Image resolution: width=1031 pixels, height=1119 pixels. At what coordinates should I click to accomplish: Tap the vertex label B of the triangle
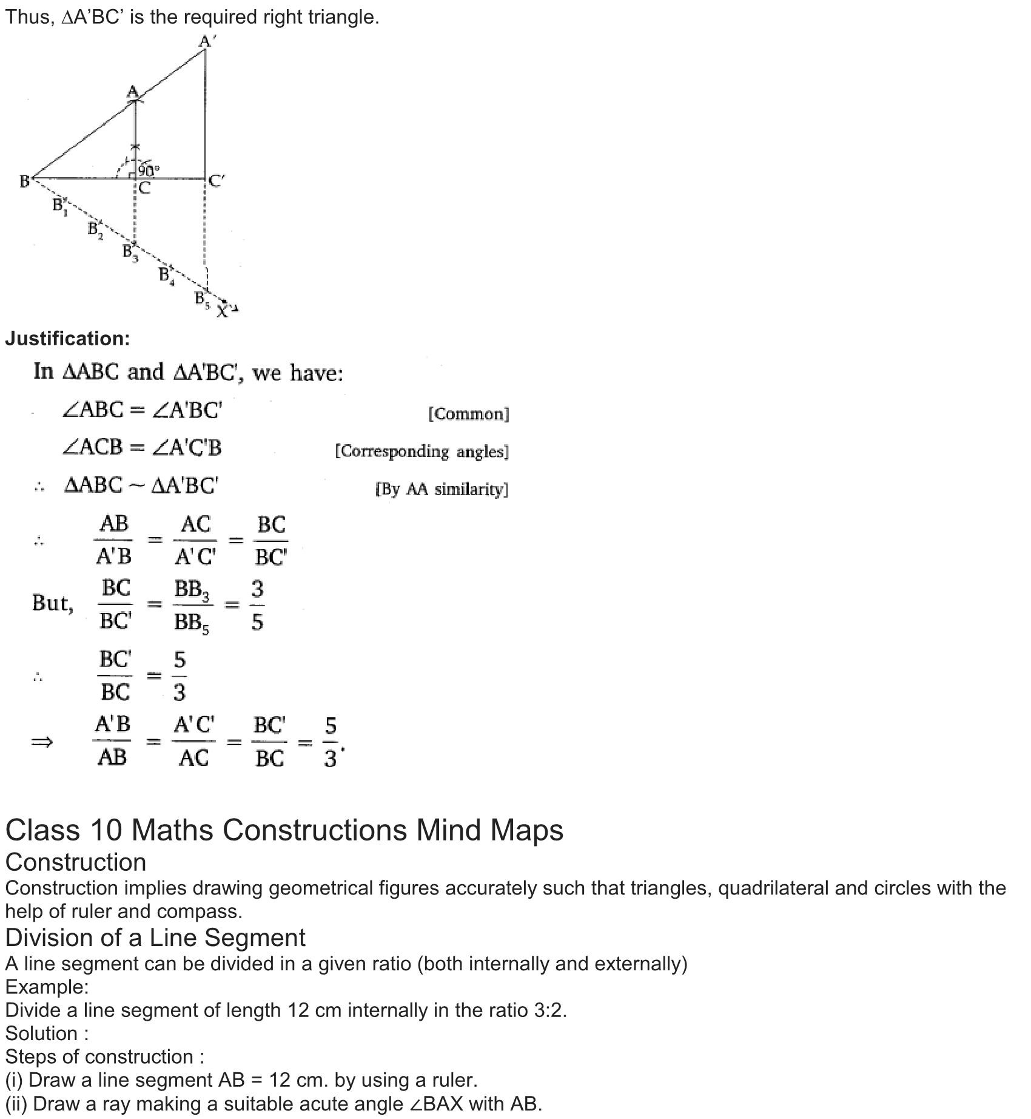coord(24,181)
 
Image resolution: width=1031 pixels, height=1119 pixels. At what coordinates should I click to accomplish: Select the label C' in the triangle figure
coord(216,181)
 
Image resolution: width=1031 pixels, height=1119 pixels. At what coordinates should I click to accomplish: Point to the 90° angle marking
coord(149,170)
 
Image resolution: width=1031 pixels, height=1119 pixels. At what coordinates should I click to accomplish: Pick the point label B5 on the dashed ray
coord(201,299)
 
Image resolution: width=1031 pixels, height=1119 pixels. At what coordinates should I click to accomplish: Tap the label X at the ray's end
coord(223,311)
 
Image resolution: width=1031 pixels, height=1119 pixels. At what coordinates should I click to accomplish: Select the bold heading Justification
coord(67,339)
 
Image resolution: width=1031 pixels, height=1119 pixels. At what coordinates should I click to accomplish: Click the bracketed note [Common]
coord(469,414)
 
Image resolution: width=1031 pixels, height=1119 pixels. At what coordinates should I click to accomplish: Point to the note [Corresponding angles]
coord(421,451)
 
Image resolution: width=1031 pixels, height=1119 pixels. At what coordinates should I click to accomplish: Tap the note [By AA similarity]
coord(442,489)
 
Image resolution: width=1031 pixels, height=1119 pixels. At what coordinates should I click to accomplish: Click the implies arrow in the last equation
coord(42,742)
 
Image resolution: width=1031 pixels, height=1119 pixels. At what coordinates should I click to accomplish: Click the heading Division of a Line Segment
coord(155,938)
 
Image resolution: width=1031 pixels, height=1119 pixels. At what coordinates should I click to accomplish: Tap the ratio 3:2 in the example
coord(548,1010)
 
